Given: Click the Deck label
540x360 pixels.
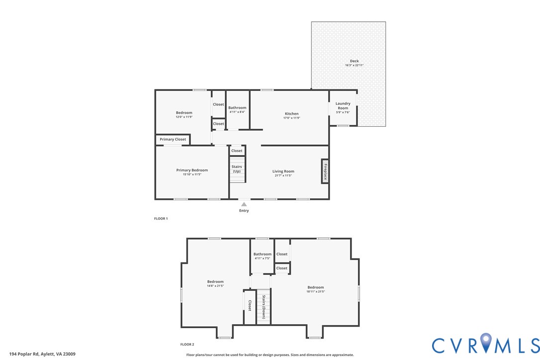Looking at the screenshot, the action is (x=355, y=61).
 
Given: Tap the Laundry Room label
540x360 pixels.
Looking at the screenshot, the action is (x=343, y=106).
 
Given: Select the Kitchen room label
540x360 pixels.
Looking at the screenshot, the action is (x=292, y=114).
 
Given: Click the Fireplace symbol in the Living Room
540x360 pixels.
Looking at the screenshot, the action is (x=325, y=171).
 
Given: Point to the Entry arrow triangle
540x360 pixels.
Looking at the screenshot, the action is (x=244, y=204).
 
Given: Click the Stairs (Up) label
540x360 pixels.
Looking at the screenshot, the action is (x=237, y=169).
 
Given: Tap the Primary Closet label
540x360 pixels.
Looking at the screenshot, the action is (x=173, y=139).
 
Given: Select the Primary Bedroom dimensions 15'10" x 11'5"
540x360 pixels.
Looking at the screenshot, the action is (x=192, y=175).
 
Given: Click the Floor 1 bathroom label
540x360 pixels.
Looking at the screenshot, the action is (x=237, y=107).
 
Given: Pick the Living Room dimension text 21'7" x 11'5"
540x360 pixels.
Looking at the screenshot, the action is (x=283, y=176).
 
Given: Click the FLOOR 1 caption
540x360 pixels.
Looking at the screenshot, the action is (x=161, y=218).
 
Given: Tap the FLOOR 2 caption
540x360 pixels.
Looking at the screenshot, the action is (x=187, y=345).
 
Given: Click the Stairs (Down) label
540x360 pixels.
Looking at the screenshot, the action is (x=264, y=307).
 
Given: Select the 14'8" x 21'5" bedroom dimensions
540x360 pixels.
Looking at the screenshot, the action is (x=215, y=285).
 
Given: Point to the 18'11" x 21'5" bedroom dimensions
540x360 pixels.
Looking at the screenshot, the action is (x=316, y=291).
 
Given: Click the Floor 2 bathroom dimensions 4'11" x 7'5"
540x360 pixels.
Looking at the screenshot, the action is (x=263, y=259).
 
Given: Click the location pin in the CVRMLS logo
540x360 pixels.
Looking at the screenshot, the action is (x=486, y=342).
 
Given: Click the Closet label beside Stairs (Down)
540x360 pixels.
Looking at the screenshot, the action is (x=250, y=306).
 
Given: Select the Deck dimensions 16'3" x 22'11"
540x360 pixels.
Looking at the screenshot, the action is (x=355, y=65).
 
